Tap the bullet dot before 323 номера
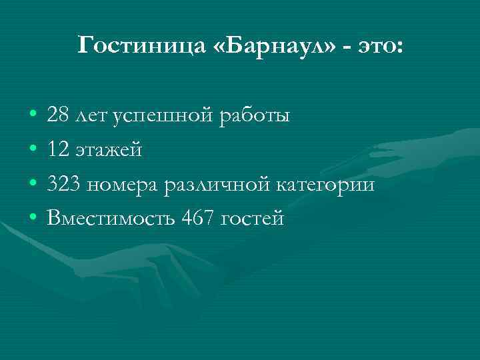(x=32, y=185)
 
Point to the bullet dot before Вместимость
(x=32, y=219)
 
